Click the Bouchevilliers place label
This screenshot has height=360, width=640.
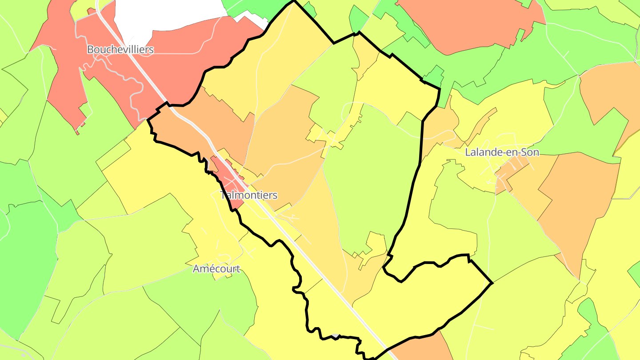pos(120,49)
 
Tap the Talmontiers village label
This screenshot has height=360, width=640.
pos(249,195)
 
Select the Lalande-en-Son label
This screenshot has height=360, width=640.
pos(502,152)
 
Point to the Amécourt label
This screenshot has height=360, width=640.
pos(216,269)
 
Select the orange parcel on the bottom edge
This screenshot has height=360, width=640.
pos(422,349)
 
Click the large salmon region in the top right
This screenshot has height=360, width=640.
pos(467,22)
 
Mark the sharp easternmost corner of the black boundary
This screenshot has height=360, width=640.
pos(492,283)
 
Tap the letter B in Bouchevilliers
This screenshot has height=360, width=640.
pos(90,49)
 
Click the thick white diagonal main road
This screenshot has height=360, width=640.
pos(311,258)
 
